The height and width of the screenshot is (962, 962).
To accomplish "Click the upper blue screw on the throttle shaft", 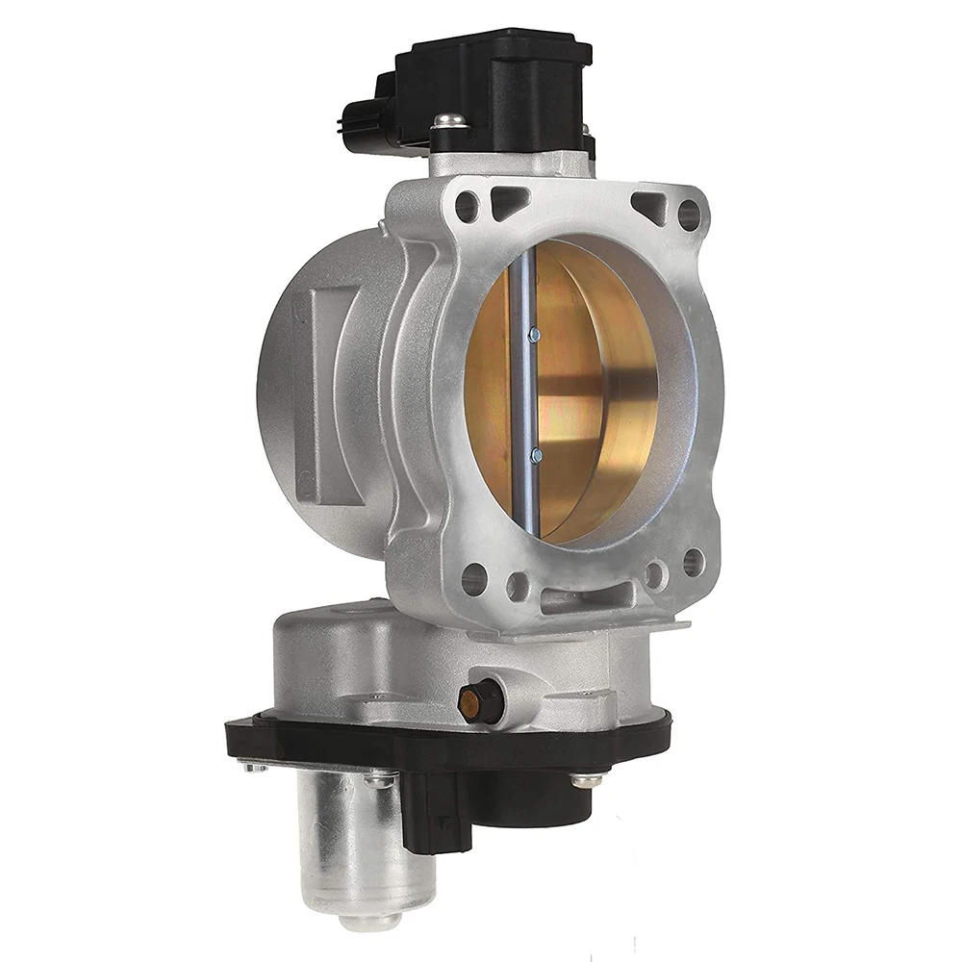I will [535, 334].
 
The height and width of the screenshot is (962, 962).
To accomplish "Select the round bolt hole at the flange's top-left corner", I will [467, 204].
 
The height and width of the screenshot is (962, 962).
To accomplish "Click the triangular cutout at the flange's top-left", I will [508, 200].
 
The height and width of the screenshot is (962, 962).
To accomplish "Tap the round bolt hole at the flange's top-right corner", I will [689, 215].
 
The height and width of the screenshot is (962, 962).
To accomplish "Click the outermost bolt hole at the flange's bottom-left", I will [473, 578].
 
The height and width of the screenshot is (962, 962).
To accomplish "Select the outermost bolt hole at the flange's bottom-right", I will [693, 562].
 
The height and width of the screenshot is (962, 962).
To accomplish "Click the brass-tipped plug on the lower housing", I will [472, 704].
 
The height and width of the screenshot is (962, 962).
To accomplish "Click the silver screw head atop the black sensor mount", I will [448, 121].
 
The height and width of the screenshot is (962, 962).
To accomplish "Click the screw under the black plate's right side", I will [586, 778].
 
